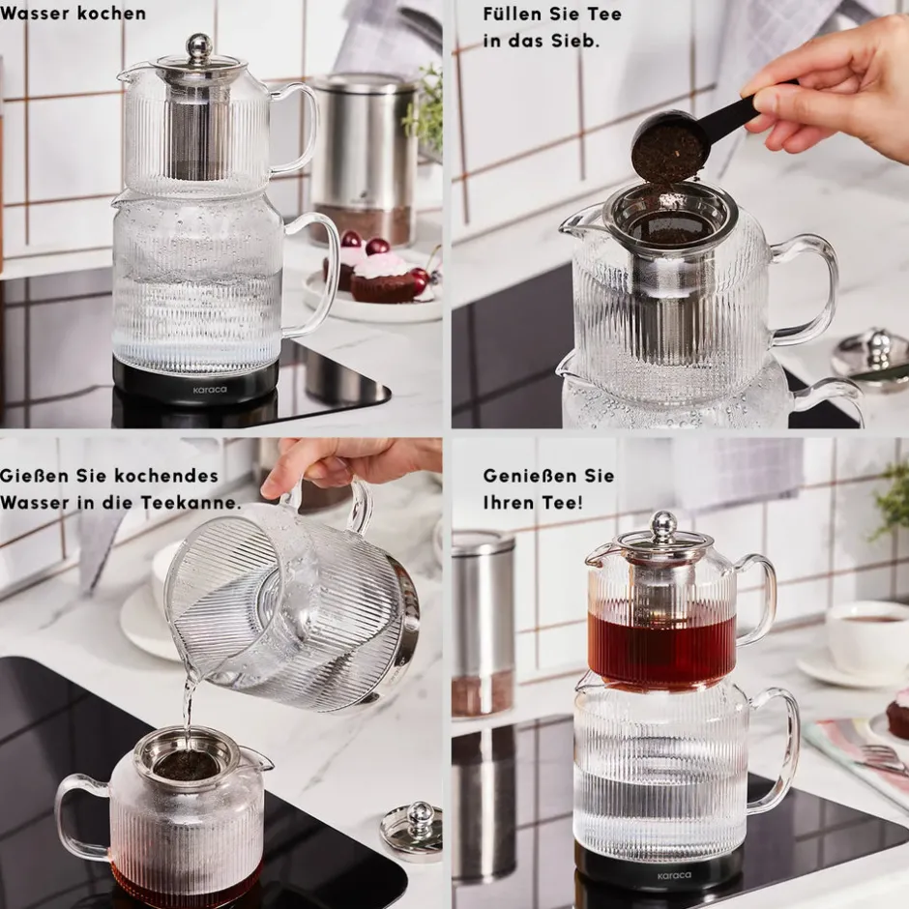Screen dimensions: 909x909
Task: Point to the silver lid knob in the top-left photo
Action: pyautogui.click(x=198, y=44)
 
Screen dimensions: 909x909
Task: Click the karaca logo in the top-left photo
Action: pyautogui.click(x=210, y=390)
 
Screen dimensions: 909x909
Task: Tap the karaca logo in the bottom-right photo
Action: pyautogui.click(x=674, y=875)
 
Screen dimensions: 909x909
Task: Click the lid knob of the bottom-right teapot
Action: pyautogui.click(x=662, y=525)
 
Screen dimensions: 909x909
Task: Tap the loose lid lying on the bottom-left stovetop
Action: pyautogui.click(x=411, y=828)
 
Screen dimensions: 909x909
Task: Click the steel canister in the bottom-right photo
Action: pyautogui.click(x=481, y=622)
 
